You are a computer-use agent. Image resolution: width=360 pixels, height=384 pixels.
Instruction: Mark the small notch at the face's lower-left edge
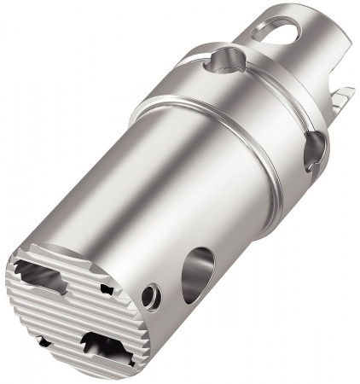click(38, 342)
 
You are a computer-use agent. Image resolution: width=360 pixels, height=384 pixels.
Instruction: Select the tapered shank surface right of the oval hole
click(316, 43)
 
